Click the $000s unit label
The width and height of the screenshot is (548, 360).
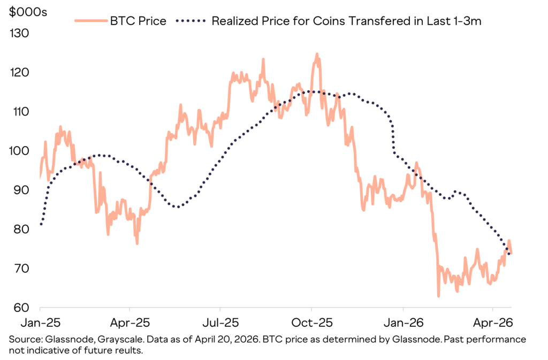coord(28,12)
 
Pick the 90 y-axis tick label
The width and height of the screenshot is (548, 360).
coord(20,190)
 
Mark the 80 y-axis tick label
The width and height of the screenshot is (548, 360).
coord(20,229)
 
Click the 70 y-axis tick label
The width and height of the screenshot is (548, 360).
coord(20,269)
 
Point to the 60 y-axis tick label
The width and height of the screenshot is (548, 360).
coord(20,308)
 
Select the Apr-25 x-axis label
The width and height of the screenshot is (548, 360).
coord(130,323)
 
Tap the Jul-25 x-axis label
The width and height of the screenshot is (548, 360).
coord(220,323)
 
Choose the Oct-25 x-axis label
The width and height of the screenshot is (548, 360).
coord(311,323)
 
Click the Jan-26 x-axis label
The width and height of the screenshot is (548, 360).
coord(402,323)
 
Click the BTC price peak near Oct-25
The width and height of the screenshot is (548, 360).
coord(317,54)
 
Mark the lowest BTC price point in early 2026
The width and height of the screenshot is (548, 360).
coord(438,296)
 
